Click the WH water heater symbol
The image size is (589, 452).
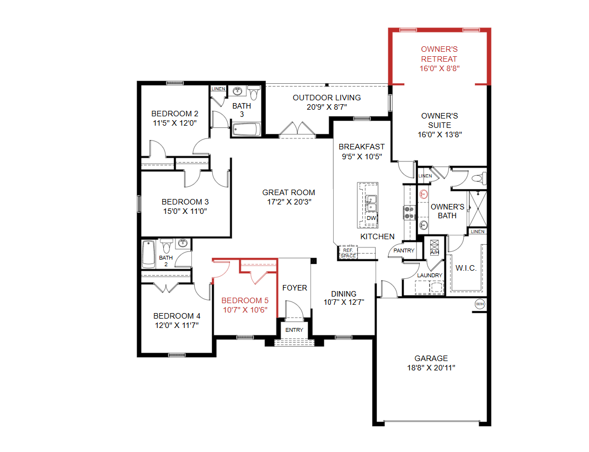pyautogui.click(x=480, y=304)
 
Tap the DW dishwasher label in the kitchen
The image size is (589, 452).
pyautogui.click(x=371, y=218)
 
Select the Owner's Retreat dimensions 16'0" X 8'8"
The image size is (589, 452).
pyautogui.click(x=440, y=68)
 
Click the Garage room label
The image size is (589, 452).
pyautogui.click(x=431, y=358)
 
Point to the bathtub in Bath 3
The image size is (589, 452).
pyautogui.click(x=246, y=130)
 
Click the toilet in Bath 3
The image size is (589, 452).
pyautogui.click(x=254, y=93)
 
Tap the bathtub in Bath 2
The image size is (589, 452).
pyautogui.click(x=149, y=254)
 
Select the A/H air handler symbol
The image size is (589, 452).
pyautogui.click(x=435, y=247)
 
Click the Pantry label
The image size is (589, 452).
pyautogui.click(x=404, y=250)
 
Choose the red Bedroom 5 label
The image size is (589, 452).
pyautogui.click(x=245, y=300)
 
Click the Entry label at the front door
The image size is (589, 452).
pyautogui.click(x=294, y=330)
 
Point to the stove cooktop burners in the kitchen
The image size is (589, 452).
pyautogui.click(x=409, y=212)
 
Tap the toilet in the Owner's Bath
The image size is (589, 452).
pyautogui.click(x=479, y=179)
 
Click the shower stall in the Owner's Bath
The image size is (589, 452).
pyautogui.click(x=478, y=209)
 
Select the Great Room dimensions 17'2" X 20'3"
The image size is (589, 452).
pyautogui.click(x=289, y=202)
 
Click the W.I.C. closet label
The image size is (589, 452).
pyautogui.click(x=466, y=268)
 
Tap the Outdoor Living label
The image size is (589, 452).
pyautogui.click(x=327, y=98)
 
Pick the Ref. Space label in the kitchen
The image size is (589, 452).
pyautogui.click(x=348, y=253)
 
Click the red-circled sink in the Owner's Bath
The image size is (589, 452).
pyautogui.click(x=424, y=194)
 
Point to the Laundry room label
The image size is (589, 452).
pyautogui.click(x=430, y=275)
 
